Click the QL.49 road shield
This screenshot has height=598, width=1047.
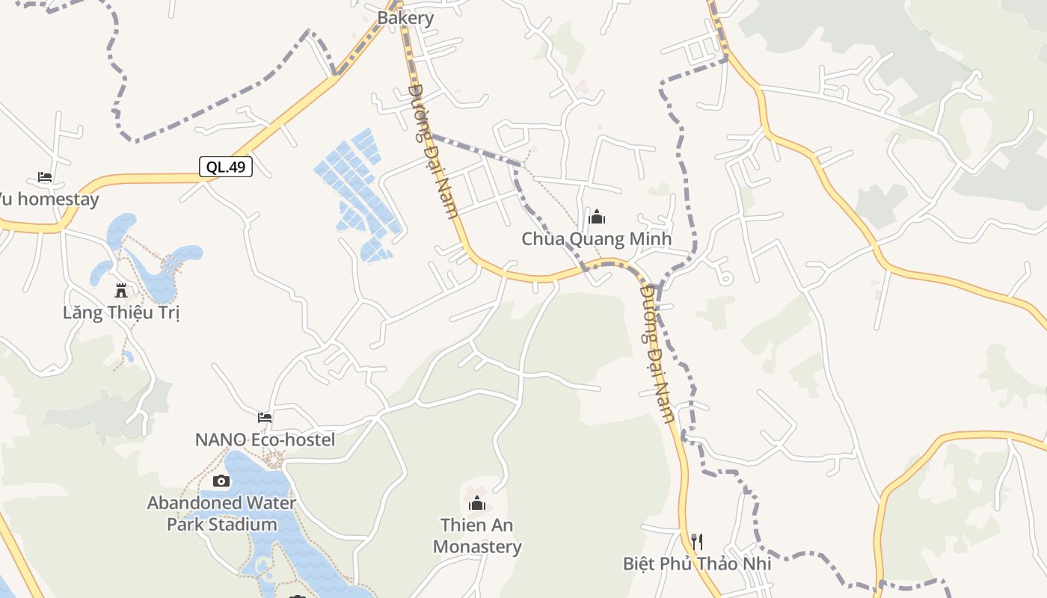point(226,167)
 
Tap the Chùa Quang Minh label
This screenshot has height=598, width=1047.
point(596,239)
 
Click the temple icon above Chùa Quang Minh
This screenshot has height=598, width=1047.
point(597,218)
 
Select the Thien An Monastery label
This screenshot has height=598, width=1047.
point(477,536)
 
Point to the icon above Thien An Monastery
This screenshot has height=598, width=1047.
point(477,504)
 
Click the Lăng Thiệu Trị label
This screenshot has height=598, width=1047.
point(121,312)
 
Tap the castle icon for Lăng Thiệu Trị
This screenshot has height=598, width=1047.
point(121,290)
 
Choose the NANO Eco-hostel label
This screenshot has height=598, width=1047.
point(265,440)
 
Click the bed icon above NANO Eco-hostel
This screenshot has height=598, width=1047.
point(265,418)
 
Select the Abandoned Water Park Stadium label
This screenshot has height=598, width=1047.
point(221,514)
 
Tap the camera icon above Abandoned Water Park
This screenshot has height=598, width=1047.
point(221,481)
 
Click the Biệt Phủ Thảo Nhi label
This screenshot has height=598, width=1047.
point(697,563)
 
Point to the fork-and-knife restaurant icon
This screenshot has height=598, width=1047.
point(697,541)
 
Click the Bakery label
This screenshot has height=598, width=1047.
point(405,18)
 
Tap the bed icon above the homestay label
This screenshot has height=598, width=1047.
point(45,178)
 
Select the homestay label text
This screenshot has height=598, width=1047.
point(49,200)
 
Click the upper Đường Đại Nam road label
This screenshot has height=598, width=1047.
point(433,151)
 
